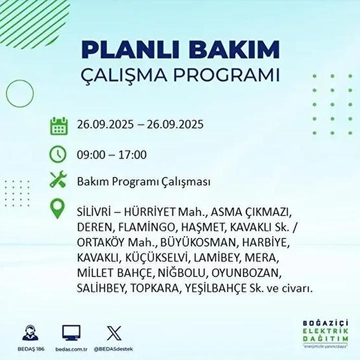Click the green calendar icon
(x=59, y=125)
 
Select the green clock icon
(x=59, y=154)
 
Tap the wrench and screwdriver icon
(x=59, y=182)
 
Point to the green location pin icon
(x=59, y=210)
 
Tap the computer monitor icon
(x=71, y=332)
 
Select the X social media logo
(x=113, y=332)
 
